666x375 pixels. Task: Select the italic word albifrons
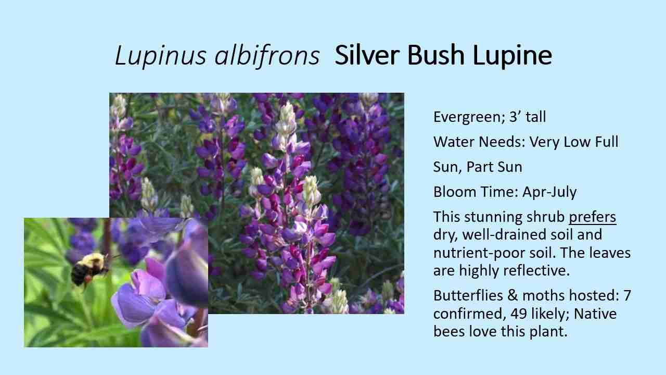coord(267,55)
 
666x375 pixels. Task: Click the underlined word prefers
coord(592,217)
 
